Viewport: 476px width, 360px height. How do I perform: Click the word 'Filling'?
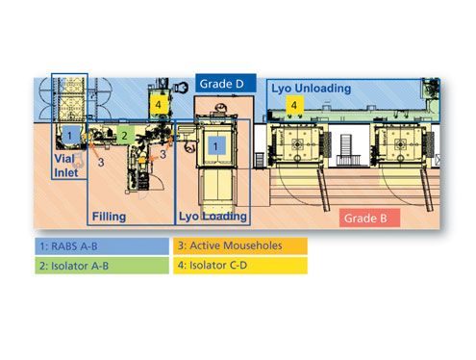[x=108, y=218]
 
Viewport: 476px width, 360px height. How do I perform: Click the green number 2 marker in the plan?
[x=124, y=136]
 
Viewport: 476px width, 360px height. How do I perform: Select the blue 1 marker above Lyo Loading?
[x=217, y=145]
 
